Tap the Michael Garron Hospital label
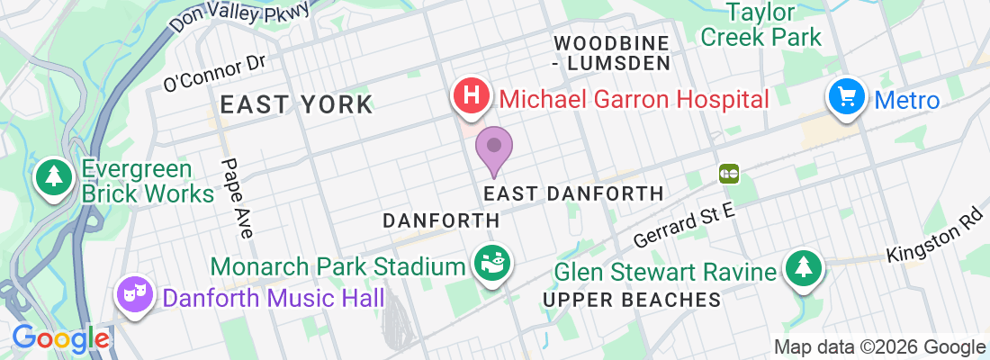(634, 98)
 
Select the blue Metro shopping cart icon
(847, 96)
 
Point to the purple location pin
(493, 148)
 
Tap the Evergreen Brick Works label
(148, 182)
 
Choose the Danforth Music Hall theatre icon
(135, 294)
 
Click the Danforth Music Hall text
(272, 296)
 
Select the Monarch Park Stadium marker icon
(493, 264)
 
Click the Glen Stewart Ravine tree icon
(801, 268)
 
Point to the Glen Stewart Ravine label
(665, 272)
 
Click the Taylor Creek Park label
(760, 25)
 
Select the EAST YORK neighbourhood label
(296, 104)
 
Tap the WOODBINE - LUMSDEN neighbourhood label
(612, 52)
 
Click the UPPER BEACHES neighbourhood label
(634, 300)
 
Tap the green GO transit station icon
(728, 172)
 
